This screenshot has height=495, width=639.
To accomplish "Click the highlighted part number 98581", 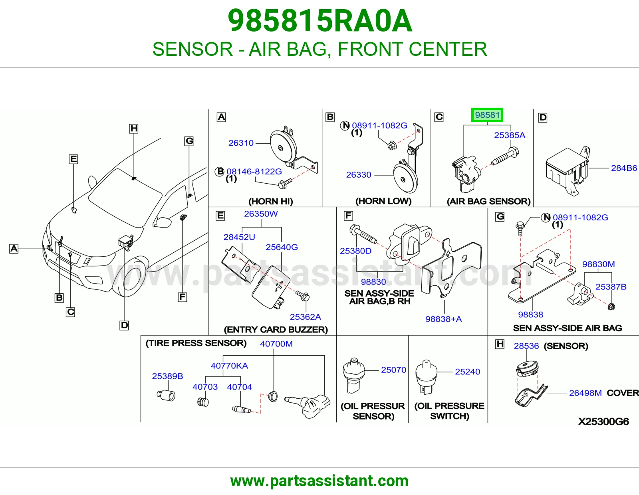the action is click(x=487, y=115).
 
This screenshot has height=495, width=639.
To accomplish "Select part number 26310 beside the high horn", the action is click(x=241, y=143).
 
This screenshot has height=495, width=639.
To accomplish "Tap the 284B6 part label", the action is click(x=624, y=168).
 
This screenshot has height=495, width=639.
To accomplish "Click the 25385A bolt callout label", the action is click(x=510, y=135).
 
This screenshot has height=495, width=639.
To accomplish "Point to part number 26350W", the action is click(x=261, y=214).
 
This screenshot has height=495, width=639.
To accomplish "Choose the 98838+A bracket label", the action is click(x=443, y=319).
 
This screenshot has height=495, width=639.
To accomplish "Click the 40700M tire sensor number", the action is click(x=276, y=344).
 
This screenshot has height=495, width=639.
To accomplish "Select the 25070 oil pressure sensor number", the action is click(x=393, y=370).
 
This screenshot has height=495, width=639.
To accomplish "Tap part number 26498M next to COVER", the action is click(x=585, y=393).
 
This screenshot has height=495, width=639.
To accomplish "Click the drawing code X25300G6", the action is click(x=603, y=422).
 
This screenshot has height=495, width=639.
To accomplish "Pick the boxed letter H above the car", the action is click(x=134, y=129).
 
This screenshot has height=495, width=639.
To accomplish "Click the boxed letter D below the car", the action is click(x=124, y=325).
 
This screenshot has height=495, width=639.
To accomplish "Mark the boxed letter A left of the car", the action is click(x=14, y=249).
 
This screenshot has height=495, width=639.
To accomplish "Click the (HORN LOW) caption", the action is click(x=383, y=201).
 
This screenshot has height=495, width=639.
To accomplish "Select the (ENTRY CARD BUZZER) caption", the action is click(x=276, y=329).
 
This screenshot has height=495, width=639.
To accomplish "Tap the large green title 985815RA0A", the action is click(x=320, y=21).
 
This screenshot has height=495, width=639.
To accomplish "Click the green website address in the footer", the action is click(x=319, y=481).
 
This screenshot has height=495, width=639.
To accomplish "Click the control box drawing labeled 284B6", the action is click(x=568, y=171).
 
